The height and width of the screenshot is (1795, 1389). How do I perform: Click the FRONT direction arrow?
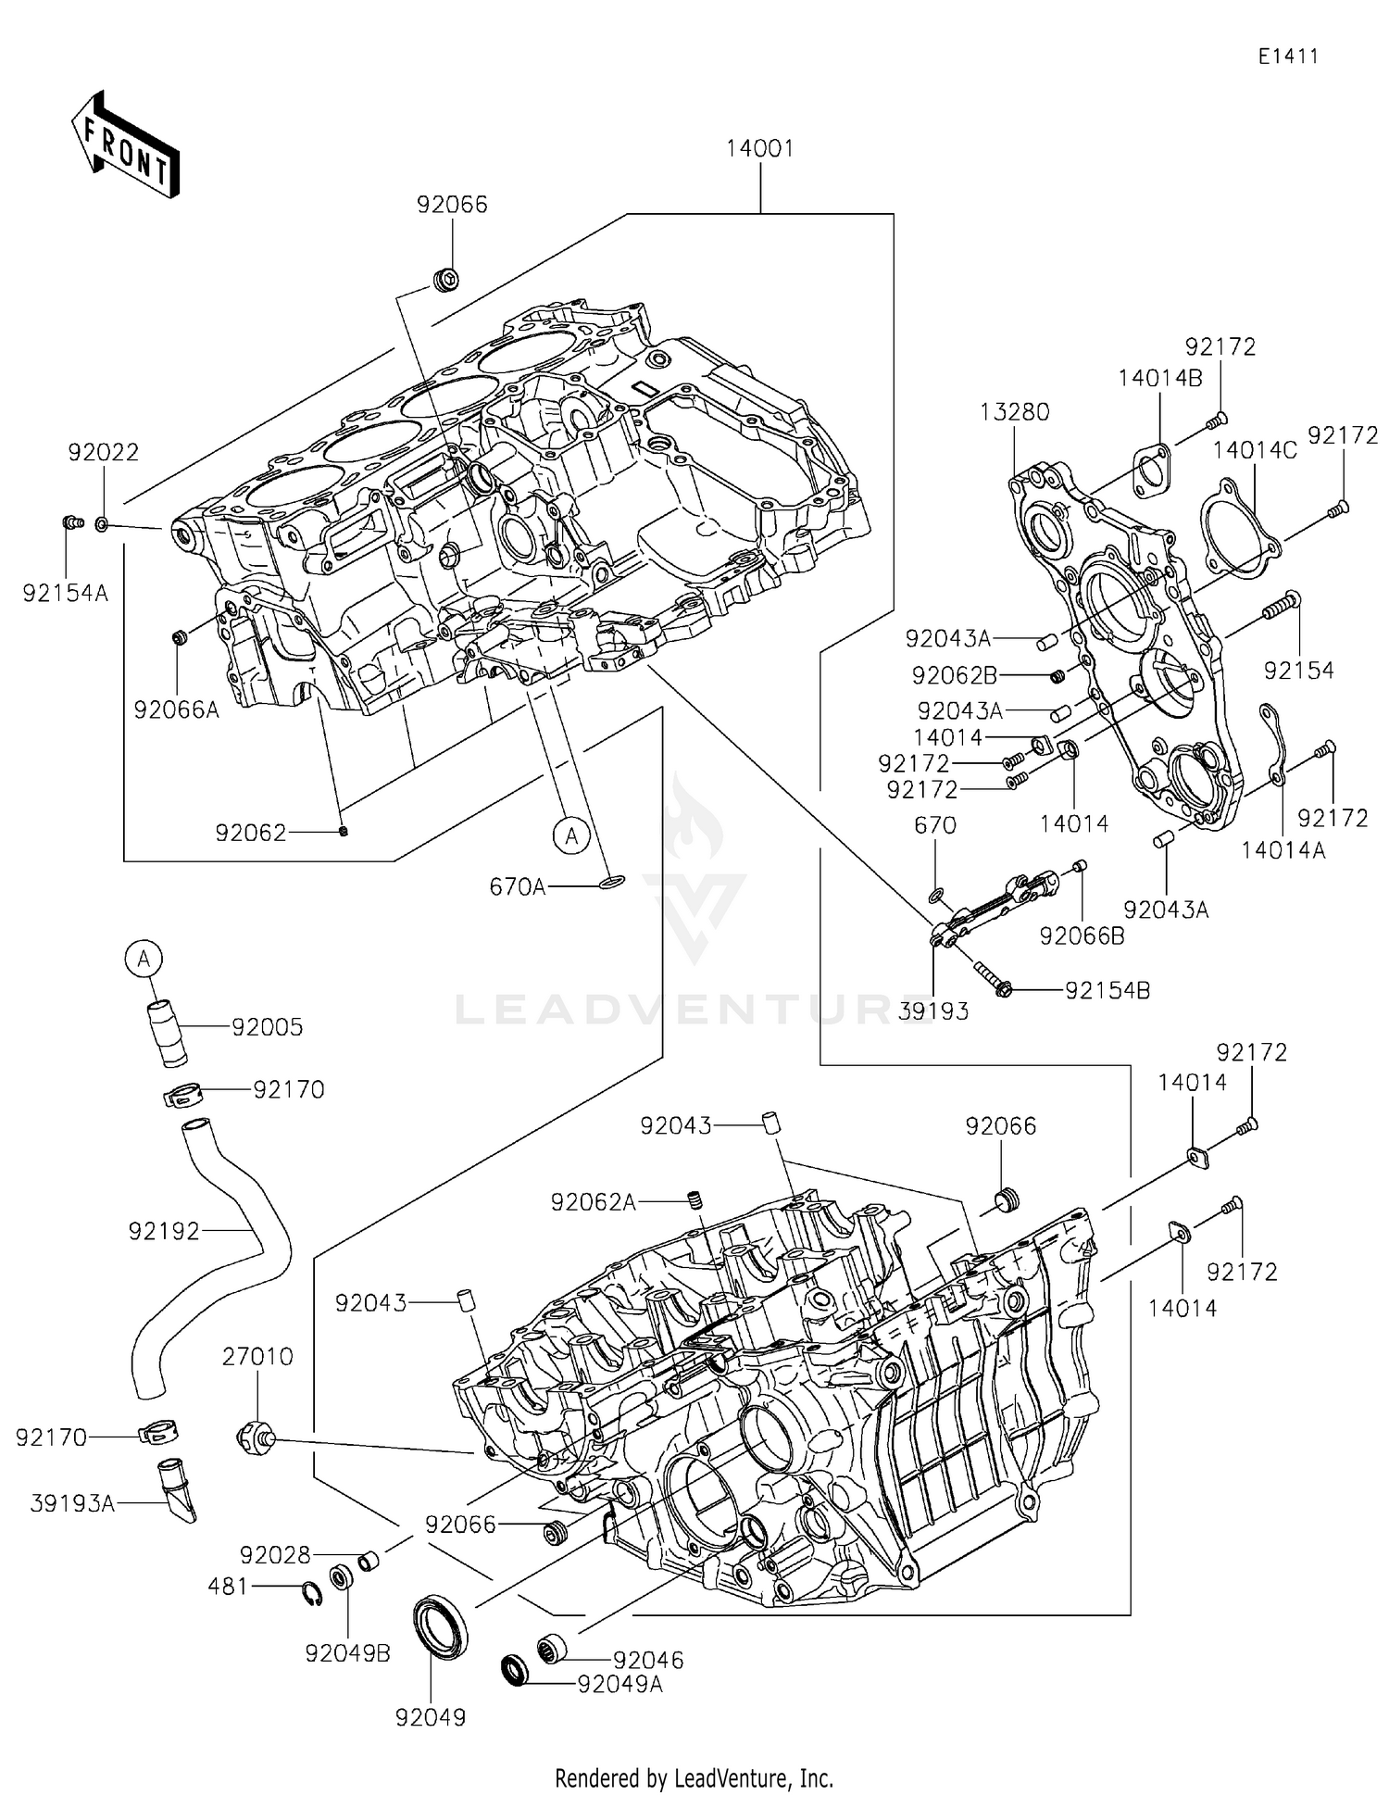pos(125,145)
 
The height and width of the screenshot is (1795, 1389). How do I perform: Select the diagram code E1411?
pos(1287,56)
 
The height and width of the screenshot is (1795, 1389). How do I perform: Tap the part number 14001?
pos(759,148)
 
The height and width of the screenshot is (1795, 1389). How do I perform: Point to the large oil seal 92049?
pos(440,1626)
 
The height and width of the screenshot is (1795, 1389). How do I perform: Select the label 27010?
pos(257,1357)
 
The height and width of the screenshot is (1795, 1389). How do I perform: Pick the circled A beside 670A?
pos(571,835)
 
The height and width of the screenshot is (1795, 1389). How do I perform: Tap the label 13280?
pos(1015,412)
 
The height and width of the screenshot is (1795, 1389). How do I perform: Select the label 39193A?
pos(72,1504)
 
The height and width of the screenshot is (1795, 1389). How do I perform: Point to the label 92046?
pos(648,1661)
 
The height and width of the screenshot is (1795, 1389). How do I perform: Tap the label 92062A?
pos(593,1202)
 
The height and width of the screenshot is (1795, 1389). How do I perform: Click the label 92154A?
pos(65,594)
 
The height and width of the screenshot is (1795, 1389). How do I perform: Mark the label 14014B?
pos(1159,378)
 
